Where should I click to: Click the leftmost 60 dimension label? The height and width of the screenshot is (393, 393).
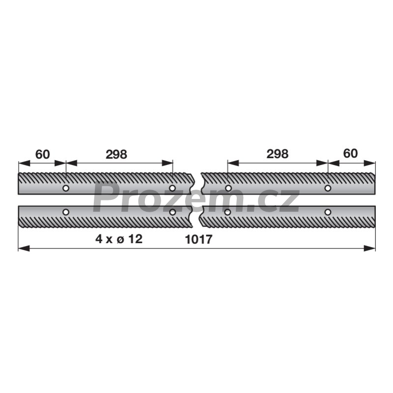43,155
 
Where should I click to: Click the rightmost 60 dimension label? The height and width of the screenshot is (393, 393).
350,154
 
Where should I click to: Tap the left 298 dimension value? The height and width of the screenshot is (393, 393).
116,155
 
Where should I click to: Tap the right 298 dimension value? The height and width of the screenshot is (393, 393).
278,154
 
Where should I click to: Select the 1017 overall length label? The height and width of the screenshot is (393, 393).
198,239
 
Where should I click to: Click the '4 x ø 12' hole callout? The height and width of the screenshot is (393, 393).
119,239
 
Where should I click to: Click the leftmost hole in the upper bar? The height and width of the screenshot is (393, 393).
66,188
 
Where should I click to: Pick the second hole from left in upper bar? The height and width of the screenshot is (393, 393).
172,188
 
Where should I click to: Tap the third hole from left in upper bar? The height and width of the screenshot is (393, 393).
228,188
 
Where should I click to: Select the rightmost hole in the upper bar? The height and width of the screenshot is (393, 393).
328,188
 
